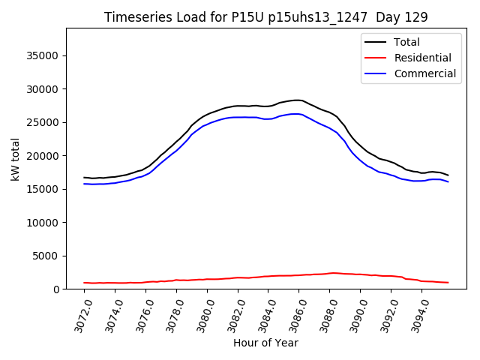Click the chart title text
(x=265, y=17)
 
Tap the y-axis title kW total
(x=15, y=158)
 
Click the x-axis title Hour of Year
(x=265, y=343)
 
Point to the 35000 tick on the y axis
(x=43, y=55)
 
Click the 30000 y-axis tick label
(x=43, y=89)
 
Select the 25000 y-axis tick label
(x=43, y=122)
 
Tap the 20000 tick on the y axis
(x=43, y=156)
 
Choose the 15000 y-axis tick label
(x=43, y=189)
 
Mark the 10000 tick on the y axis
(x=43, y=223)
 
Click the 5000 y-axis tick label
(x=46, y=256)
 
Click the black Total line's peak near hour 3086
(x=297, y=100)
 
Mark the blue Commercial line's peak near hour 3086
(x=297, y=114)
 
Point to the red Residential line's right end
(x=448, y=283)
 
